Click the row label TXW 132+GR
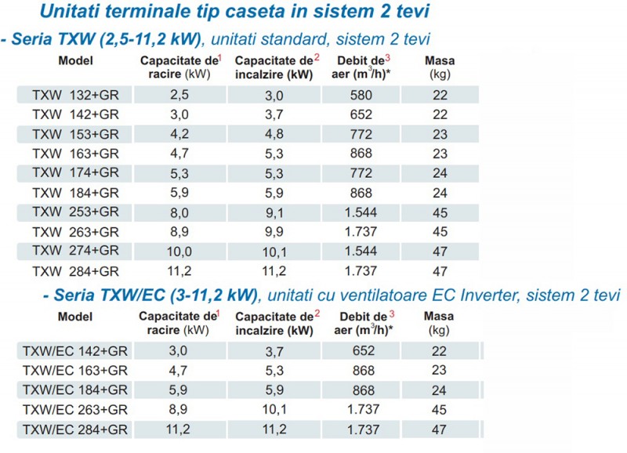[75, 94]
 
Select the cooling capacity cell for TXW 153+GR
[180, 133]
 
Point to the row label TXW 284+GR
[75, 271]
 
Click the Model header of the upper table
[76, 60]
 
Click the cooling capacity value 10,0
[180, 251]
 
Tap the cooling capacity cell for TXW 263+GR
[180, 231]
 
